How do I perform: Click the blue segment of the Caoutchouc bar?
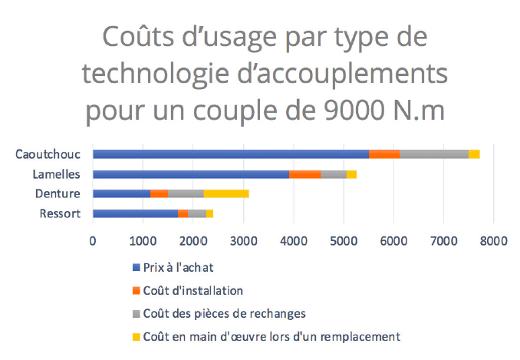(x=230, y=154)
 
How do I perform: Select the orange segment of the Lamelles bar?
(x=304, y=174)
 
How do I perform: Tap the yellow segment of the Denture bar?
(x=225, y=193)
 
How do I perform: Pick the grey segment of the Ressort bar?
(x=197, y=213)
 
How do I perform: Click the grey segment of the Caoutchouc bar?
(x=434, y=154)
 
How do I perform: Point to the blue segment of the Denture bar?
(x=121, y=193)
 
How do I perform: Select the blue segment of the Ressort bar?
(x=135, y=213)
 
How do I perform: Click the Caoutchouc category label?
(x=48, y=154)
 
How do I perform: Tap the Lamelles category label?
(x=57, y=174)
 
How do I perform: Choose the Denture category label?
(x=58, y=193)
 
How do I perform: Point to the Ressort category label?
(x=60, y=213)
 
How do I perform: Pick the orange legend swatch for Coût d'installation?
(x=137, y=291)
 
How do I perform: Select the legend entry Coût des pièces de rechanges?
(x=216, y=313)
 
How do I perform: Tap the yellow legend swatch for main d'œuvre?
(x=137, y=336)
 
